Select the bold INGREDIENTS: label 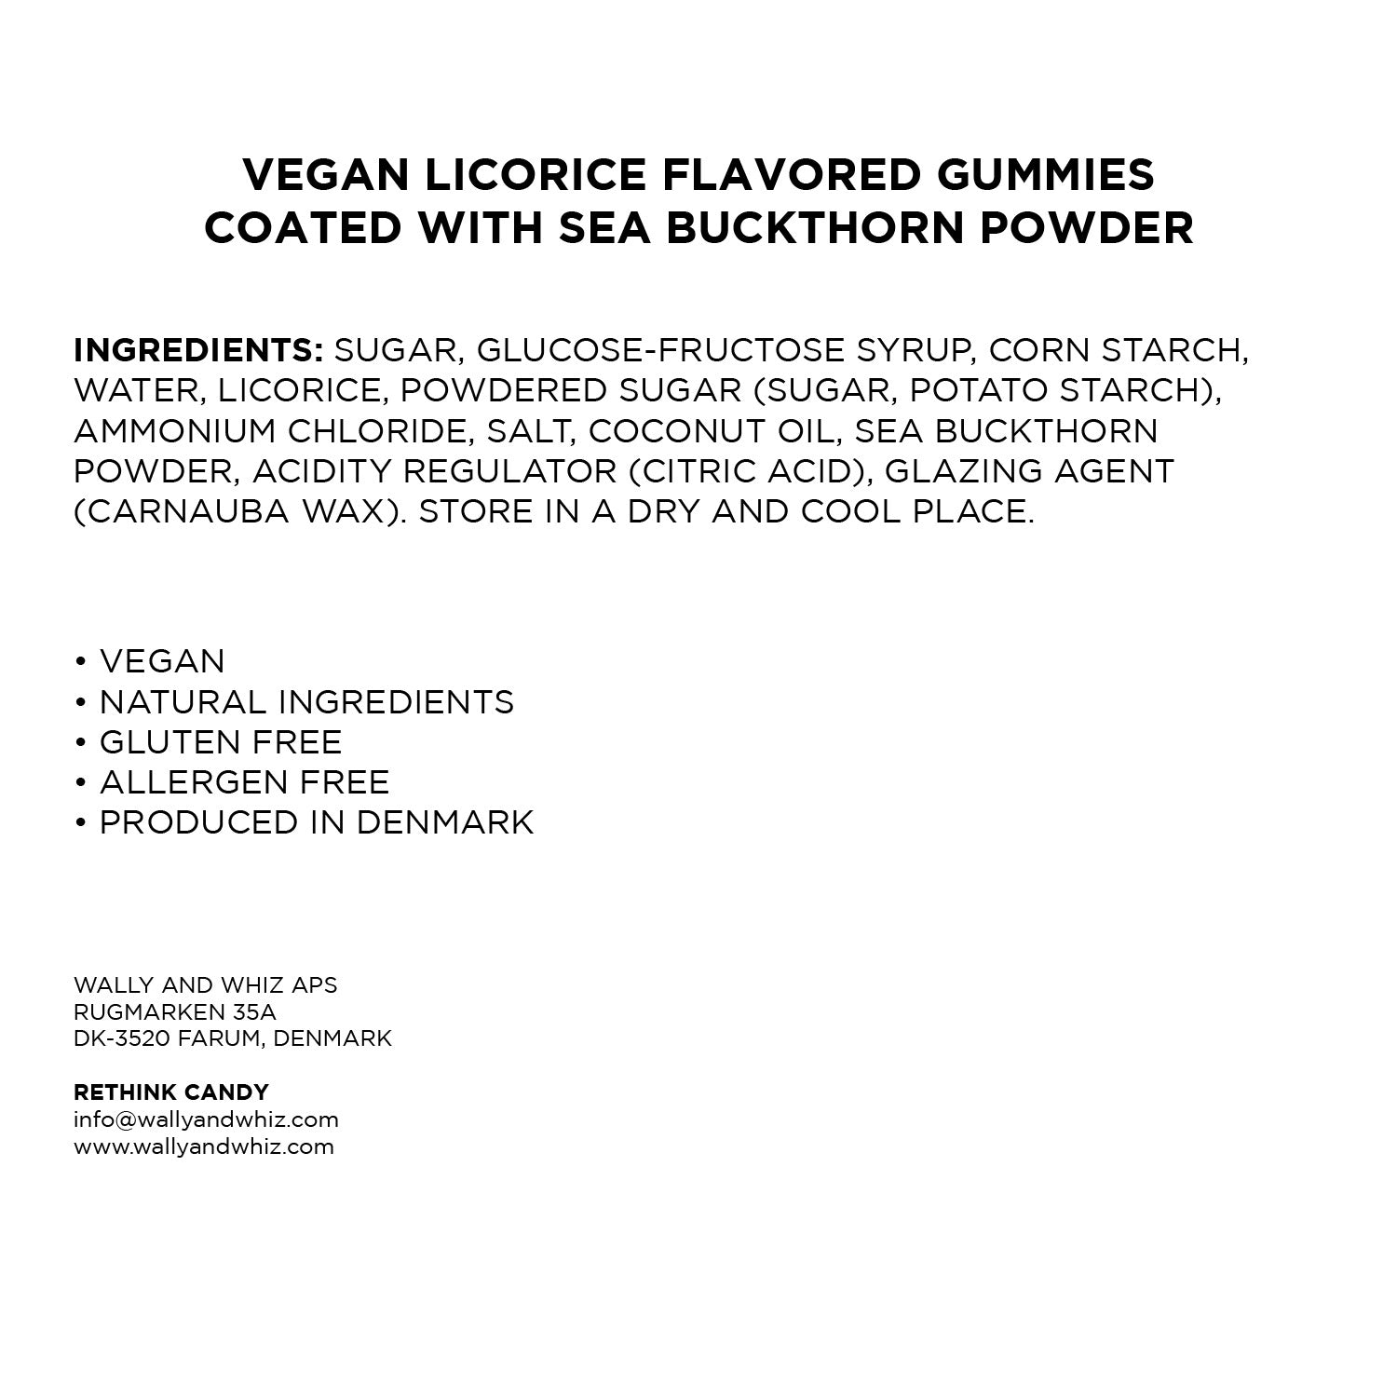(x=198, y=350)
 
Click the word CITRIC (x=708, y=471)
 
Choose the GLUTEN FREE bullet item (x=221, y=742)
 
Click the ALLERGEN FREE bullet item (x=244, y=782)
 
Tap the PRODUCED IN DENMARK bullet (x=317, y=823)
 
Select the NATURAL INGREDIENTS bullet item (x=306, y=702)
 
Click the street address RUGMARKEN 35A (x=175, y=1011)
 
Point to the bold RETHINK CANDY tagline (x=171, y=1092)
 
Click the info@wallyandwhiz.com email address (x=206, y=1119)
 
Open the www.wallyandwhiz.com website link (x=204, y=1146)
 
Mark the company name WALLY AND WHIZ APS (x=206, y=984)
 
